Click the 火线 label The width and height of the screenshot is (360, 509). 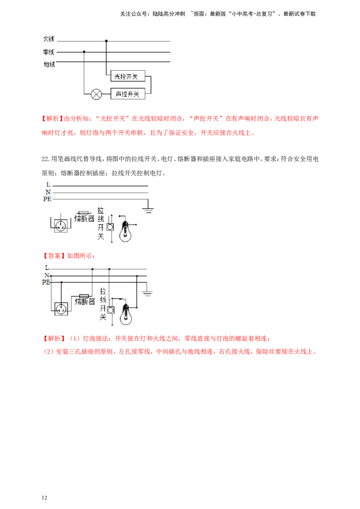pos(49,40)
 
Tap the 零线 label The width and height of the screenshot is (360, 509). pos(49,52)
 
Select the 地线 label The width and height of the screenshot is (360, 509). pos(49,64)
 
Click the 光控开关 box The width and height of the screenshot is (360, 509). pos(127,77)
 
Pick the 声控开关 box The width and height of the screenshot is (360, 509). pos(127,94)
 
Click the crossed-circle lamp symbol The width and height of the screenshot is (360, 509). pos(96,94)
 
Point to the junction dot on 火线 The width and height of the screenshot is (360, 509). pos(106,41)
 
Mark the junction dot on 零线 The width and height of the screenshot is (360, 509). pos(84,52)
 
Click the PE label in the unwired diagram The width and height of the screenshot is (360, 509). pos(47,199)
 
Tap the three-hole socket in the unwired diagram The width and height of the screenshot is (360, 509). pos(60,225)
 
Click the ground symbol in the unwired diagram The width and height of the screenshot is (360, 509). pos(148,210)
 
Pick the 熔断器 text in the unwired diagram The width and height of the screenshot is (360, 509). pos(84,219)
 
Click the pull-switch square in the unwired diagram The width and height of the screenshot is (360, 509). pos(110,227)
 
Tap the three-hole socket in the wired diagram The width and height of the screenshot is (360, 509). pos(61,309)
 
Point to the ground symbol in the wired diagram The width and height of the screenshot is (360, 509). pos(147,294)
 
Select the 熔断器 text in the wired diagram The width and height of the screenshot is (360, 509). pos(85,302)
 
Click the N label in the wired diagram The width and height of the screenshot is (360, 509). pos(46,275)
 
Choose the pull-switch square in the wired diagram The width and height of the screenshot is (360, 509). pos(110,310)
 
